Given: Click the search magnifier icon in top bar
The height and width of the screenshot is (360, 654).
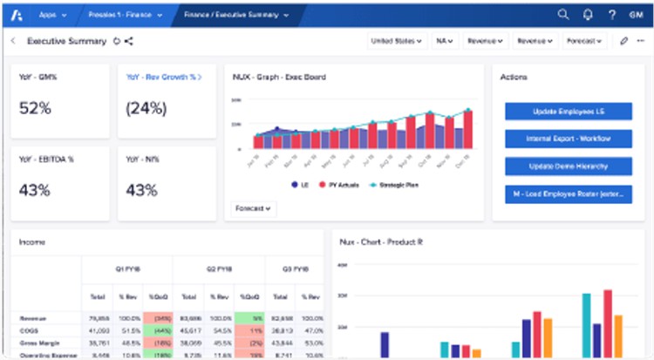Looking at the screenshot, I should pos(563,14).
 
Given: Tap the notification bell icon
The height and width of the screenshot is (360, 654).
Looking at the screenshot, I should pos(589,14).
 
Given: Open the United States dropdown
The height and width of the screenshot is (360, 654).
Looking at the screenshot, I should pos(396,41).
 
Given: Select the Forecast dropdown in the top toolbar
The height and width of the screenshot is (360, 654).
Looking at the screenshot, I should pos(584,41).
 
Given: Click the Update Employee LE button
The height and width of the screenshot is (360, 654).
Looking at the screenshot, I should pos(568,112).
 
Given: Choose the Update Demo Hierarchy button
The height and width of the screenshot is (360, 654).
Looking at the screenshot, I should pos(568,166).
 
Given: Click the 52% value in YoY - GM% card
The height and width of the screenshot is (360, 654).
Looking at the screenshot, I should pos(35,108).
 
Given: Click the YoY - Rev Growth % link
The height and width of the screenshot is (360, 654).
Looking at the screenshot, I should pos(163,77).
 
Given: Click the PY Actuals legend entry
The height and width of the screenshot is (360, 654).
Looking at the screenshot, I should pos(344,186).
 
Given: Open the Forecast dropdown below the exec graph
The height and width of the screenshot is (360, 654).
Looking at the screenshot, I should pos(254,208).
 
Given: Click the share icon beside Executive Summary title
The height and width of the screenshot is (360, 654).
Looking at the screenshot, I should pos(129,41).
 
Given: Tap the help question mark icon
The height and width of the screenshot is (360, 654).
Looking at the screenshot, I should pos(612,14).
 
